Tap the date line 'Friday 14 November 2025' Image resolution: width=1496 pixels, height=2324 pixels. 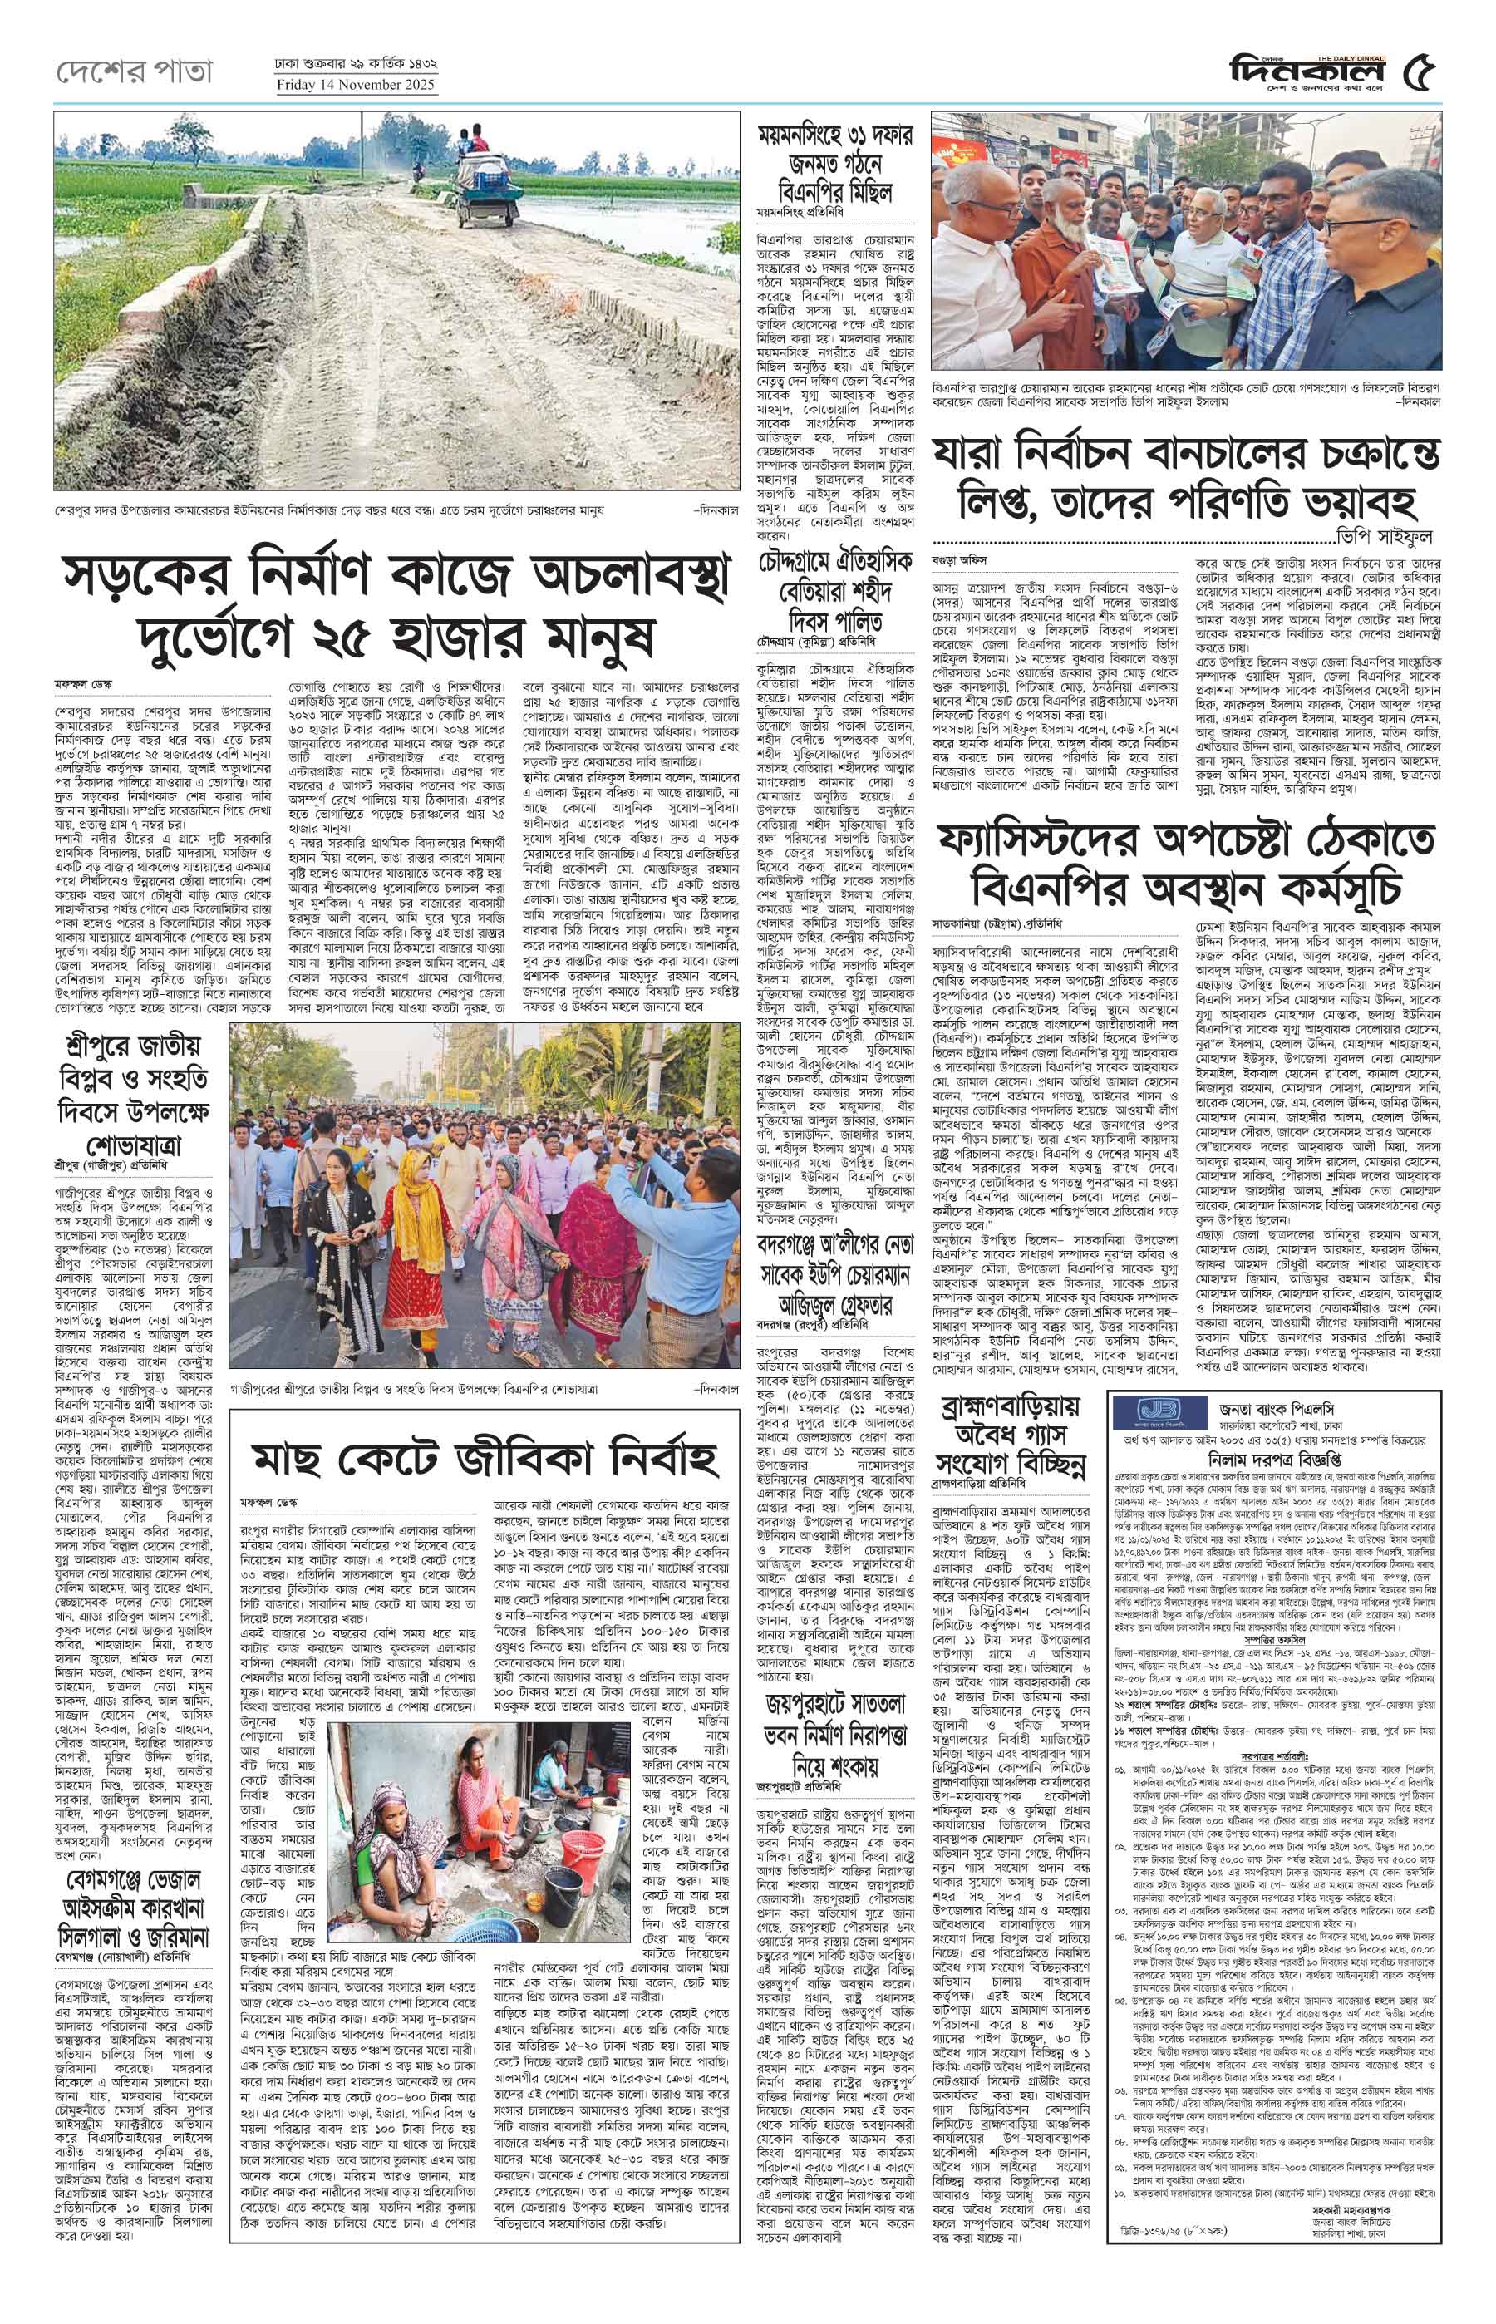click(357, 85)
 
